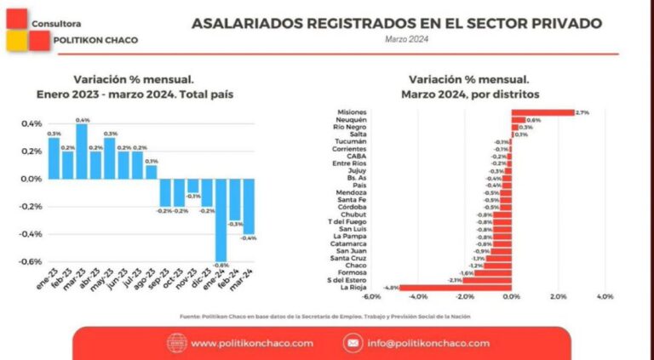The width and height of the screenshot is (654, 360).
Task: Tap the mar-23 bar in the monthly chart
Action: pyautogui.click(x=82, y=151)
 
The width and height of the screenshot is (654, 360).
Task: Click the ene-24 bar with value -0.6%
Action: pyautogui.click(x=221, y=220)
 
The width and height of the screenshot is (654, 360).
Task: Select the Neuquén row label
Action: pyautogui.click(x=352, y=120)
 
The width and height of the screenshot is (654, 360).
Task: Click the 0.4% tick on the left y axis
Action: pyautogui.click(x=32, y=123)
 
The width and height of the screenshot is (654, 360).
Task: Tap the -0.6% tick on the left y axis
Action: pyautogui.click(x=31, y=261)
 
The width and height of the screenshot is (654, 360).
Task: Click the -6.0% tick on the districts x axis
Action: pyautogui.click(x=371, y=297)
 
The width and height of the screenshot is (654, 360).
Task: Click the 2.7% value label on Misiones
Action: pyautogui.click(x=582, y=112)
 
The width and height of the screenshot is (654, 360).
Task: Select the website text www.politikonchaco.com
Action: pyautogui.click(x=252, y=343)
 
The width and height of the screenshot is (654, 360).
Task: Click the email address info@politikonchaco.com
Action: pyautogui.click(x=428, y=343)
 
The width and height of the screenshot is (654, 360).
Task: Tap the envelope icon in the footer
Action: pyautogui.click(x=352, y=343)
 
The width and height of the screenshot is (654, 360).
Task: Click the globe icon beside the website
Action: pyautogui.click(x=176, y=343)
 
